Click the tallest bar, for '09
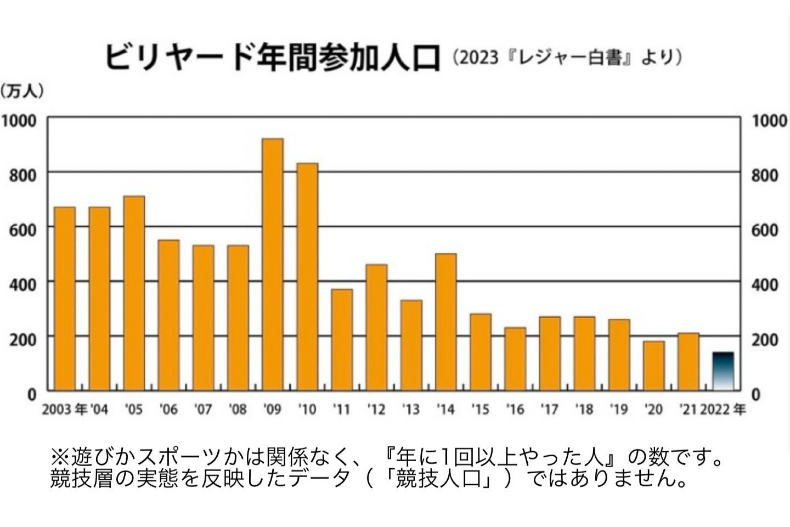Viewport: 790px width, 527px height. [x=273, y=265]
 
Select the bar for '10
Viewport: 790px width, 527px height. [x=307, y=277]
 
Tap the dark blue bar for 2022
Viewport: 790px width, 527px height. [x=723, y=372]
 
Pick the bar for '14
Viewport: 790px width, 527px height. [x=445, y=322]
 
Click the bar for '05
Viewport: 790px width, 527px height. [x=134, y=293]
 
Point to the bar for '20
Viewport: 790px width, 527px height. [x=653, y=366]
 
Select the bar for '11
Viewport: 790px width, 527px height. [x=342, y=340]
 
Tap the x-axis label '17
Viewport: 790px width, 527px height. [x=549, y=410]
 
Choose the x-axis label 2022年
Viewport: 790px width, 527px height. [x=723, y=410]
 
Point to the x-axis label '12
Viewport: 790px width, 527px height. [x=376, y=410]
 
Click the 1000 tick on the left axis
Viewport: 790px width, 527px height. [x=21, y=120]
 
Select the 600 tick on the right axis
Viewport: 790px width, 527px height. [x=764, y=230]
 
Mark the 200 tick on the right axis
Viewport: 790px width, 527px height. [x=764, y=340]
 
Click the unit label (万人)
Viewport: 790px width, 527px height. [x=22, y=91]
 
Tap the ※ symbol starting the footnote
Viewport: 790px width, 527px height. [x=58, y=457]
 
